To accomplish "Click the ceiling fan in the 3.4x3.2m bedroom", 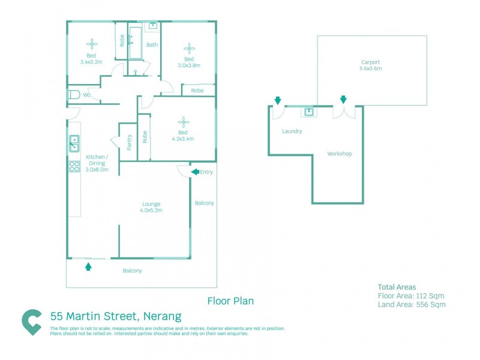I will (92, 43).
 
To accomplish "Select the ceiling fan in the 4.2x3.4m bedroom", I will (183, 121).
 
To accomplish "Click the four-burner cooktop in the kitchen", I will (74, 166).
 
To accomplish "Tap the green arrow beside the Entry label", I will (195, 172).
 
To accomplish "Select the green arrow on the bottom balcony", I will (89, 266).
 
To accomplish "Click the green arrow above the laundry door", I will (277, 100).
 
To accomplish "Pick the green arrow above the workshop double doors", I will (343, 100).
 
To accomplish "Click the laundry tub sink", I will (310, 112).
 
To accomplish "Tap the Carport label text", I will (371, 62).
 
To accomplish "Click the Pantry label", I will (129, 142).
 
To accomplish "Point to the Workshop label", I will (339, 154).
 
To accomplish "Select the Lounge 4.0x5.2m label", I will (151, 207).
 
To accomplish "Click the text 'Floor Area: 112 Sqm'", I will (411, 296).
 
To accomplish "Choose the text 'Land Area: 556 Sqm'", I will (412, 305).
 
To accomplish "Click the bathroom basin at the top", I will (152, 26).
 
